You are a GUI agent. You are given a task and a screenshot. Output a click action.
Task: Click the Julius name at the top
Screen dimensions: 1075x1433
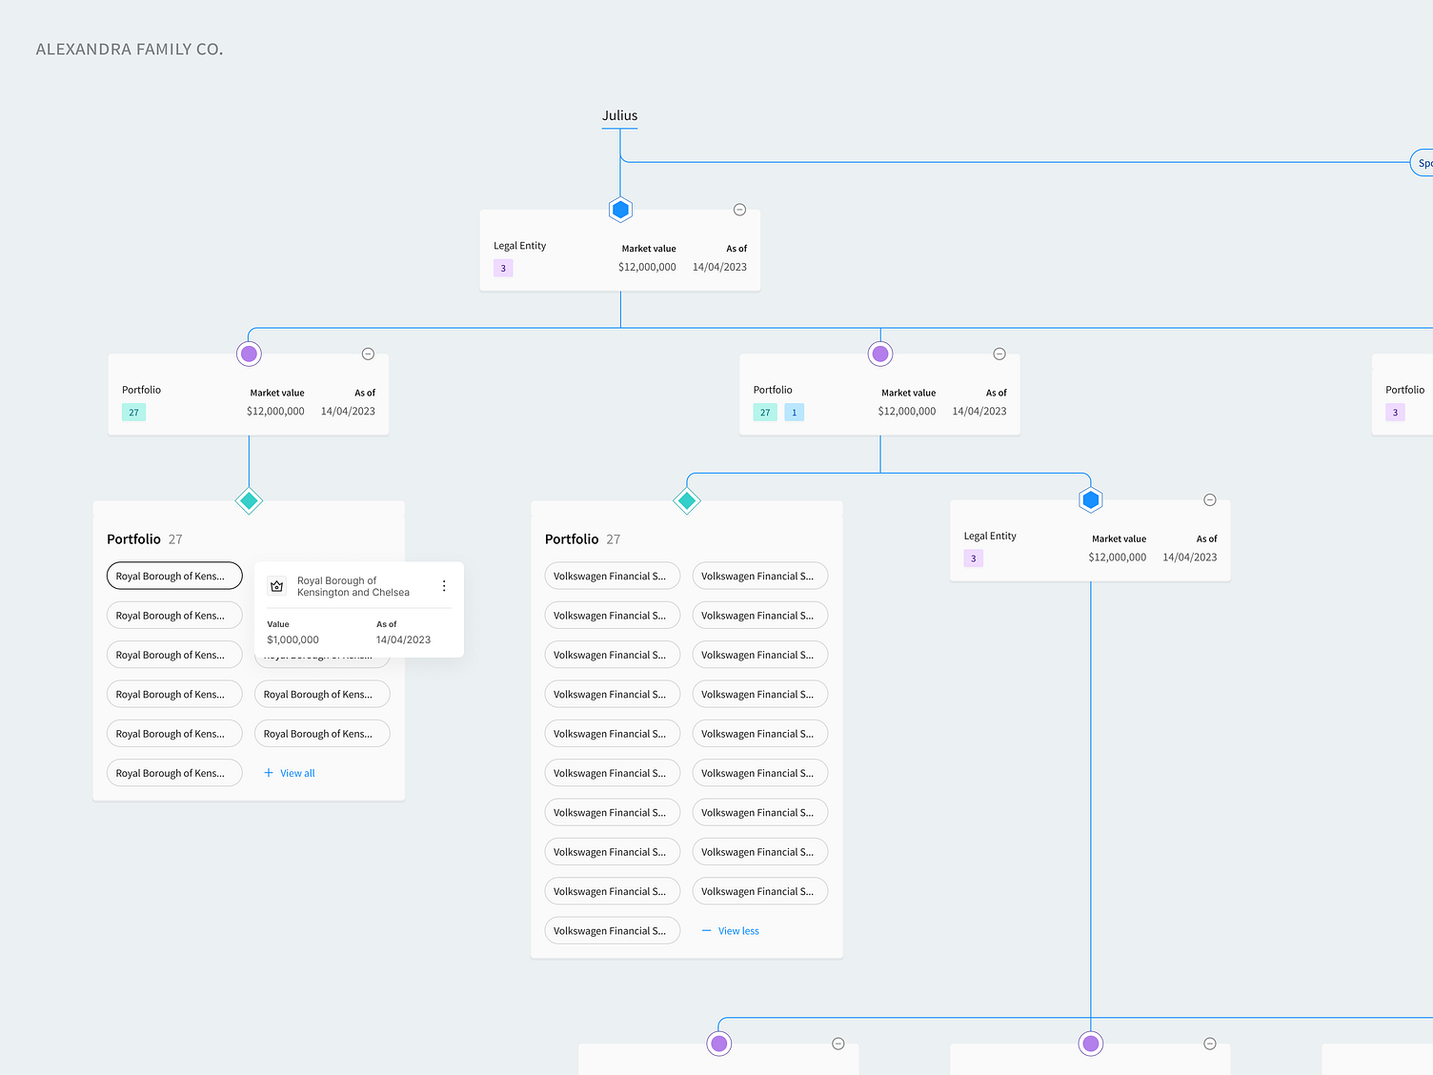[619, 116]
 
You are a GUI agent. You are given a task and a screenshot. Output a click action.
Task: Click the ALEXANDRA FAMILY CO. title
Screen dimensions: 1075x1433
[130, 50]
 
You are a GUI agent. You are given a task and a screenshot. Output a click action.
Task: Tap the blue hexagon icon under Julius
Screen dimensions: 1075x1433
[620, 210]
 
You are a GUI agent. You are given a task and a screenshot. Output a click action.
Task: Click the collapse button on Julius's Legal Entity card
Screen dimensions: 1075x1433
[739, 210]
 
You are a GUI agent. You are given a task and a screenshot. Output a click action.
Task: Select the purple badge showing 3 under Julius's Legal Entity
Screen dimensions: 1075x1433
[503, 269]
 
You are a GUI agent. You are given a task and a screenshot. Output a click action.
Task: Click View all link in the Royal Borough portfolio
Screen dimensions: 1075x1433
[296, 774]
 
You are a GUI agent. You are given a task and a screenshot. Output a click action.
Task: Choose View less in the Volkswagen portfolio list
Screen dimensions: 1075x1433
[737, 931]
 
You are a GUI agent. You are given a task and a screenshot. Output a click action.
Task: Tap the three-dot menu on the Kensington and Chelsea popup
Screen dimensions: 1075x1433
[444, 586]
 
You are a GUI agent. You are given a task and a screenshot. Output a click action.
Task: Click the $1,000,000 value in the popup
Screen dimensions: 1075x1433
[293, 640]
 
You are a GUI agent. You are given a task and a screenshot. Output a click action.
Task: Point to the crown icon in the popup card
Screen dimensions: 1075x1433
[277, 586]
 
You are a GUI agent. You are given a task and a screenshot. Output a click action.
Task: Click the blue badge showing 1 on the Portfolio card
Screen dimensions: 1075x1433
[794, 413]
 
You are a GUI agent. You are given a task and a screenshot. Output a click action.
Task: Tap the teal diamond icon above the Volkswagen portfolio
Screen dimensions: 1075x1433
[687, 500]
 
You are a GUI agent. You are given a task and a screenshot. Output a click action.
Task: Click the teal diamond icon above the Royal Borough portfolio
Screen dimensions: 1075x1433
[249, 500]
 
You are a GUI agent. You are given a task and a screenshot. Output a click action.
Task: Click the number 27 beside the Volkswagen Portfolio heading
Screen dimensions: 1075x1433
[614, 539]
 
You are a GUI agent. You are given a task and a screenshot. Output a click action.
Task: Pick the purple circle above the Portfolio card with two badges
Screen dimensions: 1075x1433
[880, 355]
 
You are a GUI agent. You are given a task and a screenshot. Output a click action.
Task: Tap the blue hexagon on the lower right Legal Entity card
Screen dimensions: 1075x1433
[1091, 500]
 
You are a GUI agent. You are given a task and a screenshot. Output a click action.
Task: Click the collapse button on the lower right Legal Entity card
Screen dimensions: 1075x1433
[1210, 500]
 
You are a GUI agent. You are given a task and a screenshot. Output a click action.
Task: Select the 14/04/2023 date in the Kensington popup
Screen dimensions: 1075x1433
[403, 640]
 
